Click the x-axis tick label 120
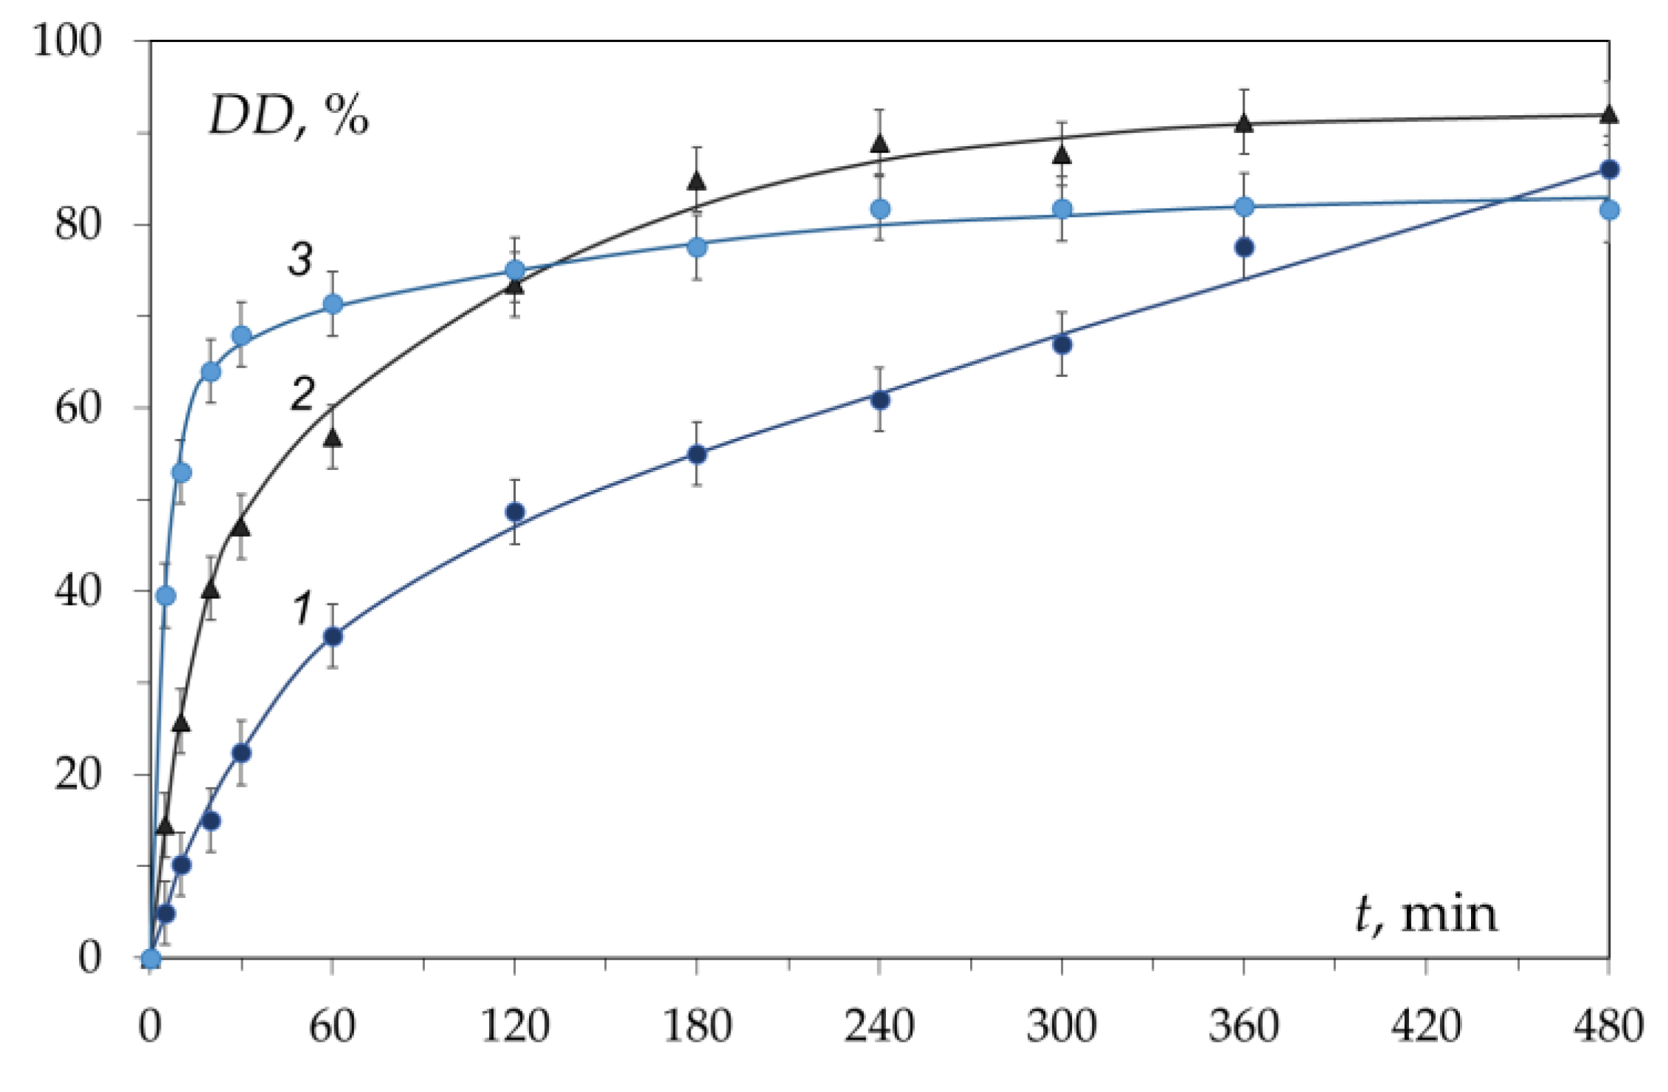pos(515,1026)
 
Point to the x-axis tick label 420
pos(1425,1026)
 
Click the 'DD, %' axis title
pos(288,117)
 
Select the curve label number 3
pos(300,260)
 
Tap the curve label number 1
pos(302,609)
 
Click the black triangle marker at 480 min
pos(1609,114)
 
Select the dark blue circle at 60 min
pos(333,636)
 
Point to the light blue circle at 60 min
pos(333,304)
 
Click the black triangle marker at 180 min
pos(696,181)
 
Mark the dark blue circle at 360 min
pos(1244,247)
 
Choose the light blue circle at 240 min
pos(879,210)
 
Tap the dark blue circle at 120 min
pos(515,512)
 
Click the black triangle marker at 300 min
pos(1062,154)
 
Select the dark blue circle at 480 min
pos(1609,170)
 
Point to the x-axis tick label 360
pos(1243,1026)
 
